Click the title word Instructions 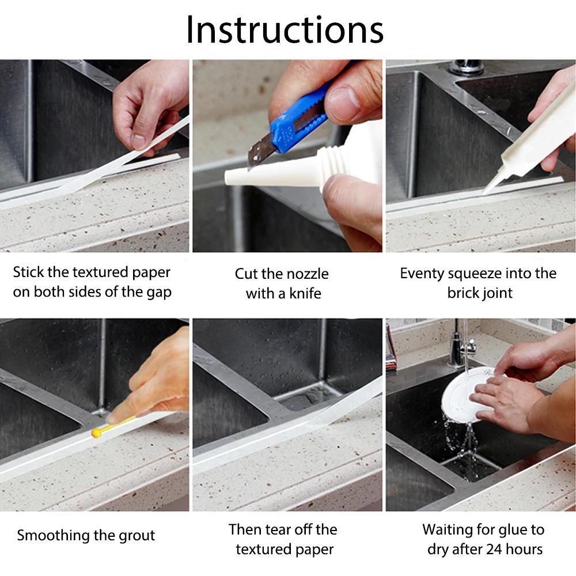click(285, 29)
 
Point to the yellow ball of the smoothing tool click(96, 433)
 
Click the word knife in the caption click(305, 294)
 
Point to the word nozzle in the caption click(308, 274)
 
